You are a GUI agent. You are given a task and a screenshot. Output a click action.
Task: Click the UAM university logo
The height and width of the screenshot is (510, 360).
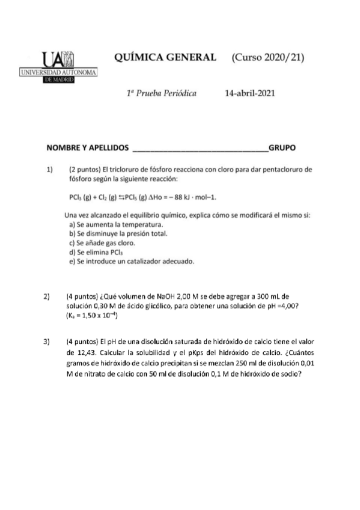click(58, 67)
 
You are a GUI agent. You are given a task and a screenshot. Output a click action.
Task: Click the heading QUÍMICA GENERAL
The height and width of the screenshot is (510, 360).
click(165, 57)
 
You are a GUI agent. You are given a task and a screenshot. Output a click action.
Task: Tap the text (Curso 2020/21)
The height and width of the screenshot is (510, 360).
click(267, 57)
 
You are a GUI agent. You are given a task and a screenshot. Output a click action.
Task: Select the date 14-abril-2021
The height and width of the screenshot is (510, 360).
click(250, 94)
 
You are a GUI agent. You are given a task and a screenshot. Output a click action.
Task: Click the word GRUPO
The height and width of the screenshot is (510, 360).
click(282, 147)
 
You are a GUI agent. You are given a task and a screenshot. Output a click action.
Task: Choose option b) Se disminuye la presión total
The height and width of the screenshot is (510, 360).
click(118, 233)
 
